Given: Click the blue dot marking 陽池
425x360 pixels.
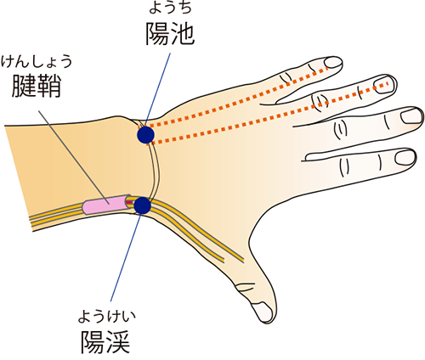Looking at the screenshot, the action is click(x=145, y=135).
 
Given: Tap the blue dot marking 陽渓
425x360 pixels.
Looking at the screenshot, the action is click(x=142, y=205).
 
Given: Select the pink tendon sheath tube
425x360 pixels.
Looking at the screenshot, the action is click(x=105, y=205).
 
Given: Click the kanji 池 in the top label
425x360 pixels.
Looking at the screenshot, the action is click(x=182, y=34).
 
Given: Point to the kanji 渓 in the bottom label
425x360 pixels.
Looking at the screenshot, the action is click(x=118, y=341).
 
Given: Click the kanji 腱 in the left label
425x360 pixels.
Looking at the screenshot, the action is click(x=24, y=86).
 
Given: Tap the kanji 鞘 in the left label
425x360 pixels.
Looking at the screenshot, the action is click(x=48, y=86).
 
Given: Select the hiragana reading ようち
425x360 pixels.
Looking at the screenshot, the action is click(x=170, y=7).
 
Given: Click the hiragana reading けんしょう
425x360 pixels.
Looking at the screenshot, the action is click(x=37, y=61).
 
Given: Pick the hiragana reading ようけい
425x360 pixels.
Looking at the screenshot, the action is click(x=107, y=317).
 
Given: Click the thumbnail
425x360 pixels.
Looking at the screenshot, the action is click(x=263, y=312).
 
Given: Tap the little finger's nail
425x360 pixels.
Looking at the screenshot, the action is click(x=333, y=62).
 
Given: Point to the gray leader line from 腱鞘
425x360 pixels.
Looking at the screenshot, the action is click(x=74, y=157).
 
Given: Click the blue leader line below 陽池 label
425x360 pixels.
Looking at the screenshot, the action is click(x=157, y=89).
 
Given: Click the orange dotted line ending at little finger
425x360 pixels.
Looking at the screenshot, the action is click(x=238, y=97).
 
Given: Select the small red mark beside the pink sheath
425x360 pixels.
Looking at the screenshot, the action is click(x=129, y=202).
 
